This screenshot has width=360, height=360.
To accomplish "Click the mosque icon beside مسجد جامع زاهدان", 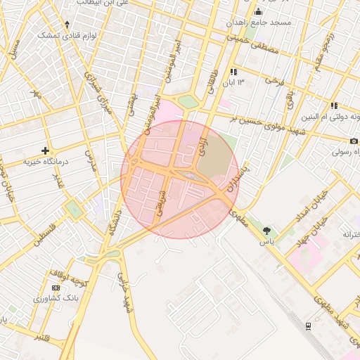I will click(258, 12).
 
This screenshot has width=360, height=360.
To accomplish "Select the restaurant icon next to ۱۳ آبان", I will click(233, 72).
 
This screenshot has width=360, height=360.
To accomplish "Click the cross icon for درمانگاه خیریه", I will click(46, 150).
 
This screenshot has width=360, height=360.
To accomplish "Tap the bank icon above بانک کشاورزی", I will click(56, 288).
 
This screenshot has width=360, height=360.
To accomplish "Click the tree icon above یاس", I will click(266, 231).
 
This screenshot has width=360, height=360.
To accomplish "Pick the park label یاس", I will click(266, 241).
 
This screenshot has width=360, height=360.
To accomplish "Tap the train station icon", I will click(308, 326).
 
